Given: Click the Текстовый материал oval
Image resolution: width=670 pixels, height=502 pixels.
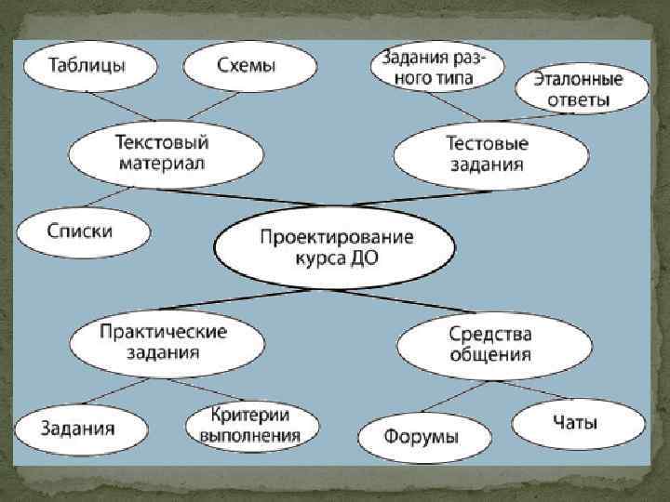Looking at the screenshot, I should tap(161, 153).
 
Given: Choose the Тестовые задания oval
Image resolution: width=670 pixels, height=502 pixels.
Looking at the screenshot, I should tap(486, 154).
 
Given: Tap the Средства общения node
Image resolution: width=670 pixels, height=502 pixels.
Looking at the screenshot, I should tap(489, 342).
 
